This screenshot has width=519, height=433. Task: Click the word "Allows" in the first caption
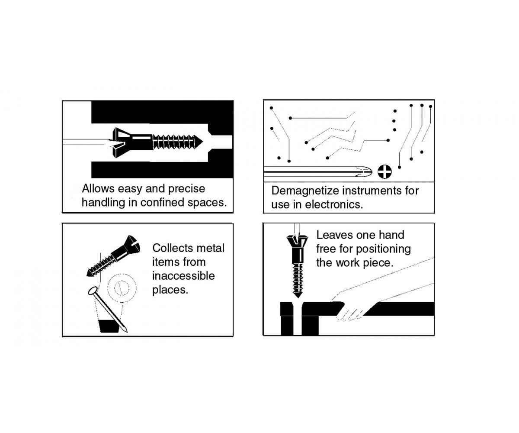[x=98, y=188]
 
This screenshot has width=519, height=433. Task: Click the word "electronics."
[x=334, y=204]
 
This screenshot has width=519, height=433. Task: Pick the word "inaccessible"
[x=183, y=276]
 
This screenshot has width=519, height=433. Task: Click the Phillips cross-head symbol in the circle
[x=384, y=172]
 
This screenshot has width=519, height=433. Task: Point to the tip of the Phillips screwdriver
[x=372, y=171]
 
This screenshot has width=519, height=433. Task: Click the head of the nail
[x=93, y=291]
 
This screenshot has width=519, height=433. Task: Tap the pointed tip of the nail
[x=127, y=332]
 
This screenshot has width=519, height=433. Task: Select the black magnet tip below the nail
[x=109, y=326]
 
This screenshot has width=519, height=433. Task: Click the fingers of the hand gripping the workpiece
[x=350, y=314]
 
